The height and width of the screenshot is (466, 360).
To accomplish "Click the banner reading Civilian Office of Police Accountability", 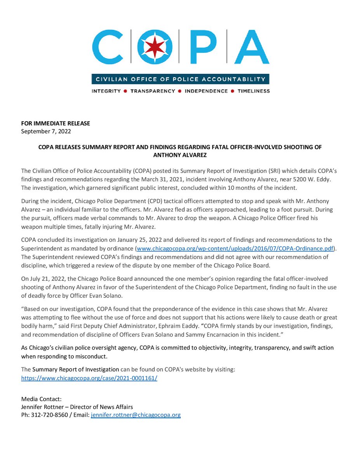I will click(180, 79).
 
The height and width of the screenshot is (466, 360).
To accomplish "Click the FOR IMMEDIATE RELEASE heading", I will click(56, 123).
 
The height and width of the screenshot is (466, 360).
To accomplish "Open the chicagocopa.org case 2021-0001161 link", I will click(89, 377).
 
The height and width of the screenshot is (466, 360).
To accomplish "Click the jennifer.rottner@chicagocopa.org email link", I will click(136, 415).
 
